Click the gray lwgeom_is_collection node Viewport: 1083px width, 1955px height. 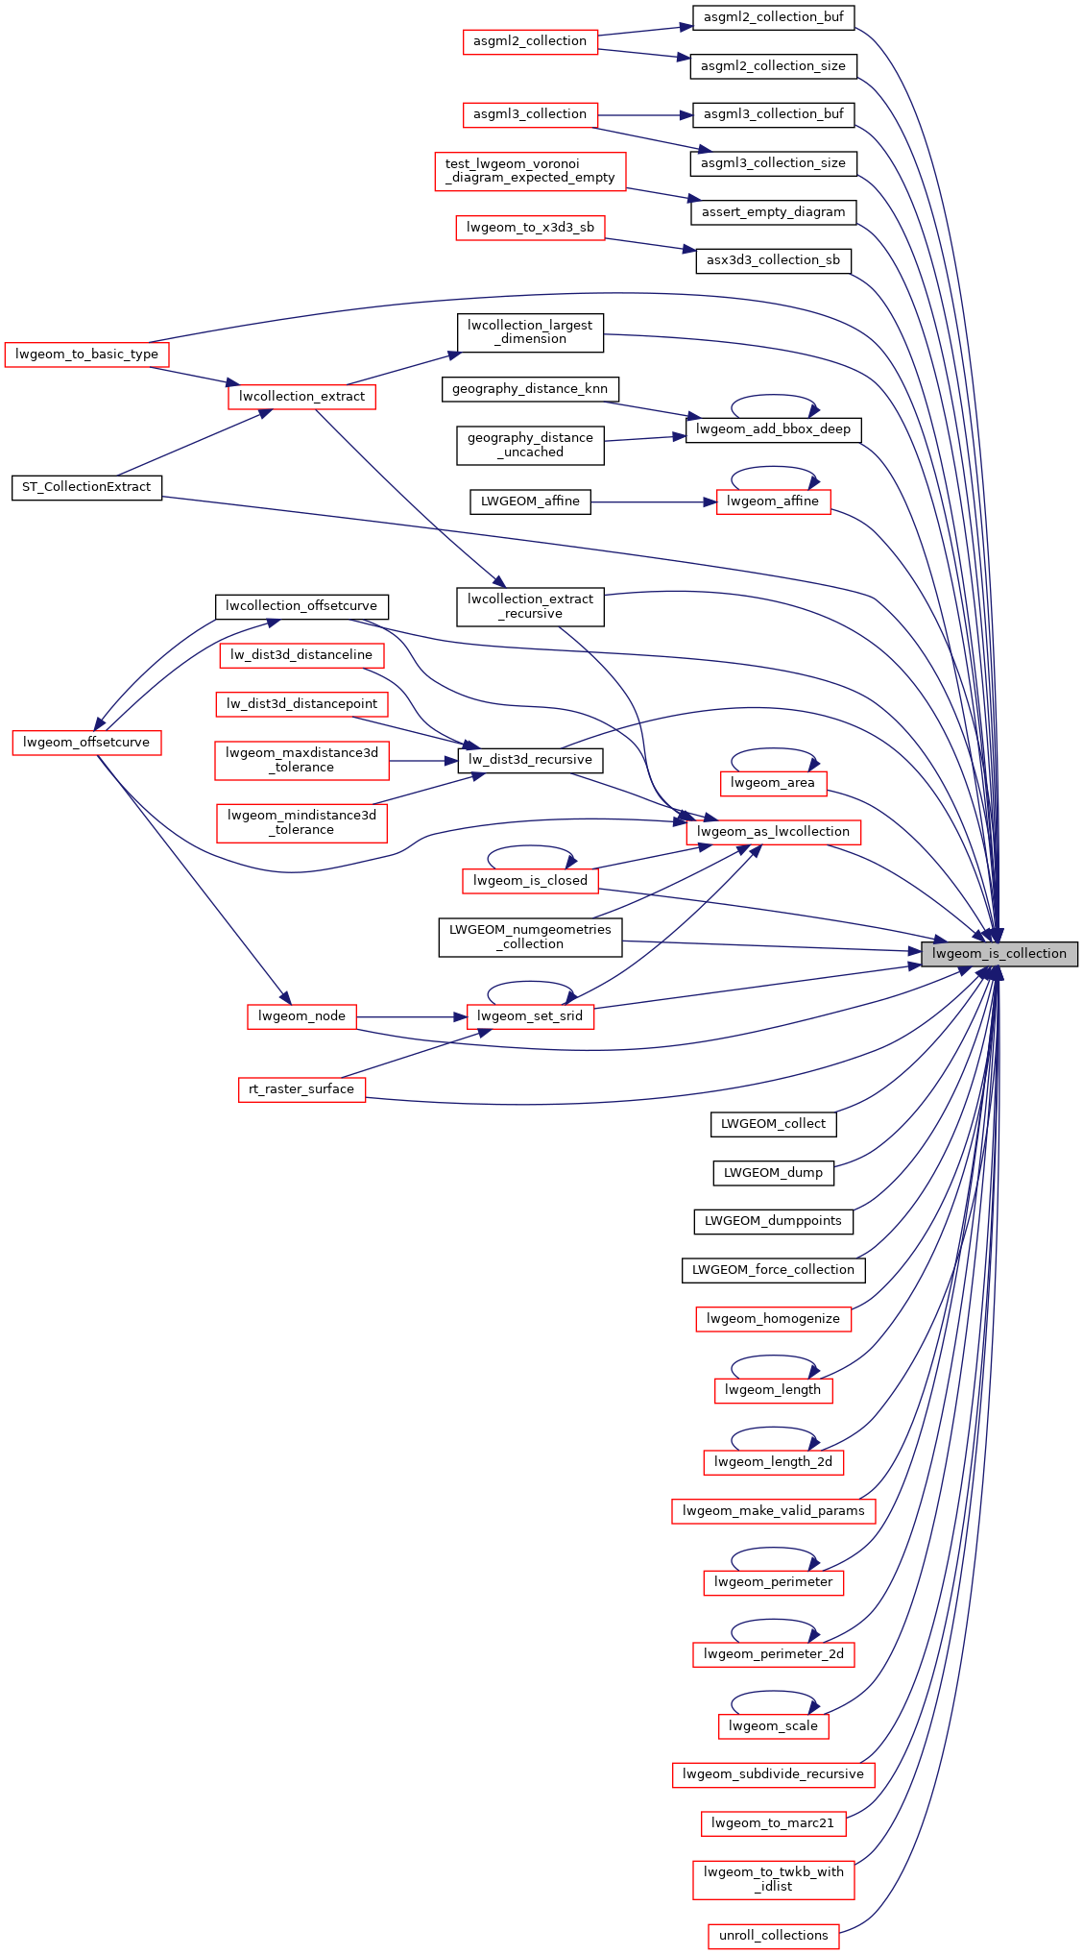[999, 954]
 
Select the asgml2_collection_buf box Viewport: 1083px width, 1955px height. [773, 17]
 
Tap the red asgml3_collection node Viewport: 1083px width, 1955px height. [529, 114]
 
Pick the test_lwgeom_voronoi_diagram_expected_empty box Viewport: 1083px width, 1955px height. [530, 171]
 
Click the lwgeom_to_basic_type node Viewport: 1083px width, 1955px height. [86, 354]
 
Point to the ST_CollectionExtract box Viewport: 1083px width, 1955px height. [86, 487]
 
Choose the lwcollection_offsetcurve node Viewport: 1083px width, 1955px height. [301, 606]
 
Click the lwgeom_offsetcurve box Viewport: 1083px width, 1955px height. [86, 743]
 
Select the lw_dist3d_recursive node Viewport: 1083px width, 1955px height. [530, 760]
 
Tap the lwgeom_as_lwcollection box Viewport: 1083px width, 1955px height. [773, 832]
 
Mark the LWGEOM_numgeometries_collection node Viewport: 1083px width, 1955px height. [530, 937]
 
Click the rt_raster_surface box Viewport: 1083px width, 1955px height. [301, 1089]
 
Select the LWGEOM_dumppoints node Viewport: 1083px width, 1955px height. [773, 1221]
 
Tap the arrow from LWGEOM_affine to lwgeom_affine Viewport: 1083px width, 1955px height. [653, 501]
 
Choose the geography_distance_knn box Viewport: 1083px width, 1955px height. [530, 389]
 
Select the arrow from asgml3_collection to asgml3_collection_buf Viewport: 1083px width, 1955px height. [644, 115]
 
